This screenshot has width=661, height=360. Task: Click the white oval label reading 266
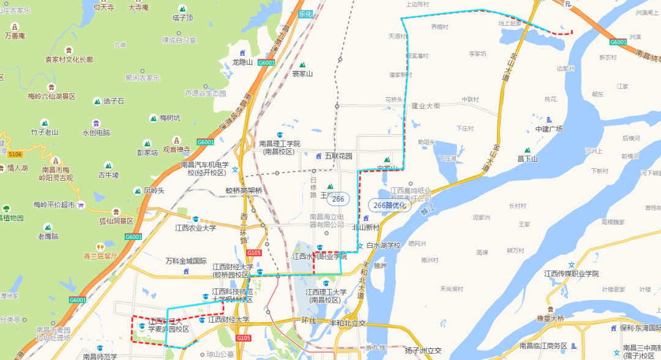[x=338, y=198]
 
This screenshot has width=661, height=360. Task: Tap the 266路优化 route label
[x=389, y=205]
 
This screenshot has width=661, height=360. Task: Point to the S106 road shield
[x=15, y=154]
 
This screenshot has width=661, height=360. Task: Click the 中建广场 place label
[x=548, y=129]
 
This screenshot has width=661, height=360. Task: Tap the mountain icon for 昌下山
[x=527, y=150]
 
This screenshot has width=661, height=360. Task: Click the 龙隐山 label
[x=242, y=62]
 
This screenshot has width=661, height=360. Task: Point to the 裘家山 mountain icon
[x=302, y=64]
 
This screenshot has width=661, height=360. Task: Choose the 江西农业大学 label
[x=195, y=228]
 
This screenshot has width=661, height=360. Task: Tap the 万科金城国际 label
[x=186, y=261]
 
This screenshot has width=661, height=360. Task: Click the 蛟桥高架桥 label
[x=244, y=190]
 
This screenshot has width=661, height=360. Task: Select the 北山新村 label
[x=366, y=227]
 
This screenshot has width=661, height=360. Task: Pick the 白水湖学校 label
[x=383, y=246]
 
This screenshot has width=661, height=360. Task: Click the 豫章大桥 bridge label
[x=550, y=318]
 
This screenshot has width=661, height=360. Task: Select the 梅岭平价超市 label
[x=54, y=204]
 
